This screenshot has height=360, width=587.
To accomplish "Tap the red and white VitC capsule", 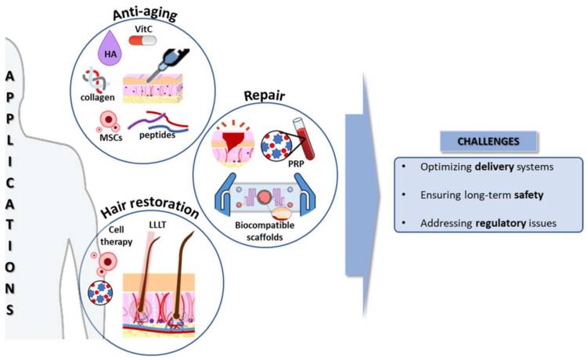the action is [x=142, y=41].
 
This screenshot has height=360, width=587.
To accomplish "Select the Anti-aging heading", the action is [x=145, y=14].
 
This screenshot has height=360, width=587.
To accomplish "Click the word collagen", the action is [x=97, y=97].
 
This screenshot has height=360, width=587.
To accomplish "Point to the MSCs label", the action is [x=111, y=137].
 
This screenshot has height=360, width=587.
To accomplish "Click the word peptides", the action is [x=157, y=135].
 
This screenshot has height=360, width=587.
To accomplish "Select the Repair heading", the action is [x=265, y=95].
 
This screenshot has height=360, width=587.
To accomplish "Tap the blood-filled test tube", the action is [x=304, y=138].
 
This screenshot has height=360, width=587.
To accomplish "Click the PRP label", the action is [x=296, y=164].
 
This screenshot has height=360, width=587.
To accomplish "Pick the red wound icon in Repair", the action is [x=232, y=144].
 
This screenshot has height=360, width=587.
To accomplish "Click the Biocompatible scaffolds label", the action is [x=265, y=231].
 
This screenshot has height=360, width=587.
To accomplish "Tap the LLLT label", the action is [x=157, y=225].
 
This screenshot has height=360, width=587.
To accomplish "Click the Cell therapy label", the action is [x=117, y=236].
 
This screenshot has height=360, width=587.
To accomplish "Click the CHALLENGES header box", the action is [x=488, y=142].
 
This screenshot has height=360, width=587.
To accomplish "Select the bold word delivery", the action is [x=494, y=167].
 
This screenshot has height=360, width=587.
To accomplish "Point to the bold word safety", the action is [x=528, y=195].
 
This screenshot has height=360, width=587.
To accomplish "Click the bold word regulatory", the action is [x=501, y=223].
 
